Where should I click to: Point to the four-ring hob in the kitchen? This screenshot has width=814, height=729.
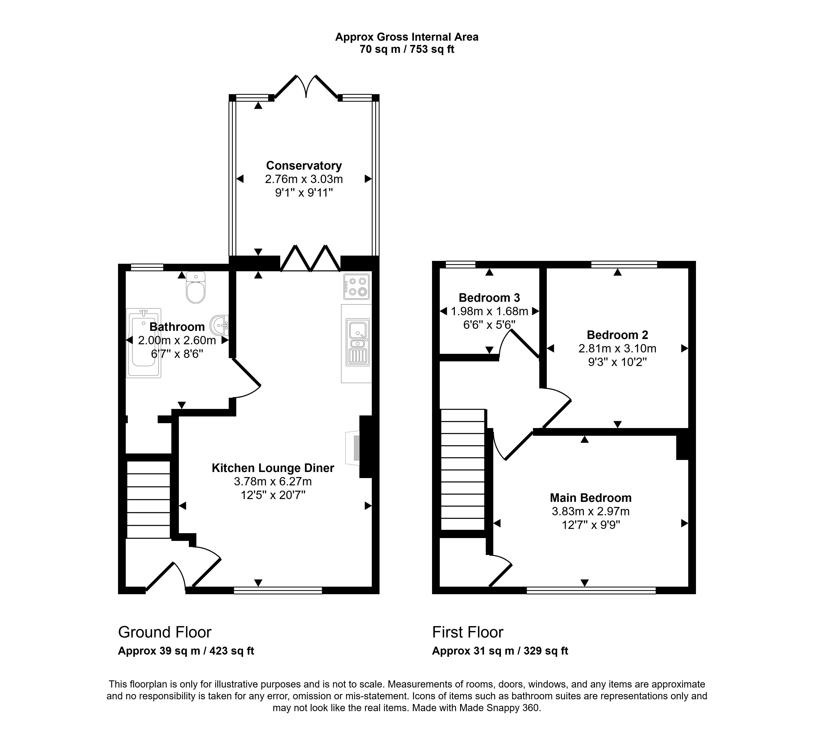(x=356, y=286)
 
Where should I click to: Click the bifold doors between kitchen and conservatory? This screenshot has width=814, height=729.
(x=310, y=259)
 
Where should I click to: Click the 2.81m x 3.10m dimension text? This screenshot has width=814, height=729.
(x=617, y=349)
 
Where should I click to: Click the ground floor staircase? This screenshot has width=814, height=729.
(x=148, y=499)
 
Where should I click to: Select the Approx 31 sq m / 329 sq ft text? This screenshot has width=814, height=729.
(x=500, y=651)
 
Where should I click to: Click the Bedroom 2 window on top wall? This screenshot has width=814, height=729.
(x=624, y=264)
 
